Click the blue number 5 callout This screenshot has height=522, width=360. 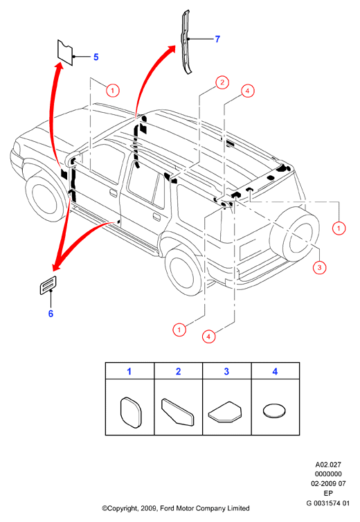click(x=96, y=57)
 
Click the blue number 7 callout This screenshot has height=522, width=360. click(x=217, y=39)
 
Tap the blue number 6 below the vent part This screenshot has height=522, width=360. click(x=51, y=314)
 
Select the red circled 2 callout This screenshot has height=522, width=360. click(x=222, y=82)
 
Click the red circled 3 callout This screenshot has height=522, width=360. click(x=319, y=267)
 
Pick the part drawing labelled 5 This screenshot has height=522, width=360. click(x=65, y=53)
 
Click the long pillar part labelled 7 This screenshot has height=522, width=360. click(x=186, y=42)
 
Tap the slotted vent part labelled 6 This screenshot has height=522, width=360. click(x=48, y=285)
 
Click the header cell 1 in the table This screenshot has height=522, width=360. click(x=129, y=371)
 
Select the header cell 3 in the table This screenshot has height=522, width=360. click(x=227, y=371)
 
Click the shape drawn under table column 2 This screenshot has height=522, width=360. click(x=177, y=411)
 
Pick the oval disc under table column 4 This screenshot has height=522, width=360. click(x=274, y=411)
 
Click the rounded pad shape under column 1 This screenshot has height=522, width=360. click(x=130, y=412)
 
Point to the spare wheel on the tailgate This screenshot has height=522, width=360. click(x=294, y=234)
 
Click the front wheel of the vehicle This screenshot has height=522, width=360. click(x=46, y=199)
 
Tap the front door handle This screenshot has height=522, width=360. click(x=114, y=192)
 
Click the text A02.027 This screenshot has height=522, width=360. click(x=328, y=465)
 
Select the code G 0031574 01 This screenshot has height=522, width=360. click(x=328, y=503)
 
